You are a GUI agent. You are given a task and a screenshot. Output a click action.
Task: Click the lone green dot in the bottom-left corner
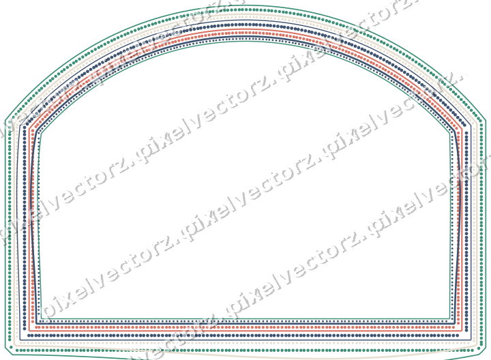tap(12, 347)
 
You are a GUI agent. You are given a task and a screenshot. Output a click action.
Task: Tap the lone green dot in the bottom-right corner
tap(479, 348)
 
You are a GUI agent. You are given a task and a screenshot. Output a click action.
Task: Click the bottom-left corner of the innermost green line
tap(42, 319)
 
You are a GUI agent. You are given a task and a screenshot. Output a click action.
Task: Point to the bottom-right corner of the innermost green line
tap(449, 319)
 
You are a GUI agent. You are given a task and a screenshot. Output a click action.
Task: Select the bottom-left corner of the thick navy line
tap(37, 323)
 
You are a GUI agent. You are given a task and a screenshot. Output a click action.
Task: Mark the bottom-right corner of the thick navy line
tap(454, 323)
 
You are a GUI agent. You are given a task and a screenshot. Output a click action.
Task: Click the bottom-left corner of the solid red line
tap(29, 331)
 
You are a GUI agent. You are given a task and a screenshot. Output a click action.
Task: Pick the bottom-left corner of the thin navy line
tap(20, 340)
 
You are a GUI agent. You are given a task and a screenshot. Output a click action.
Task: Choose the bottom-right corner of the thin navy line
tap(471, 340)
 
